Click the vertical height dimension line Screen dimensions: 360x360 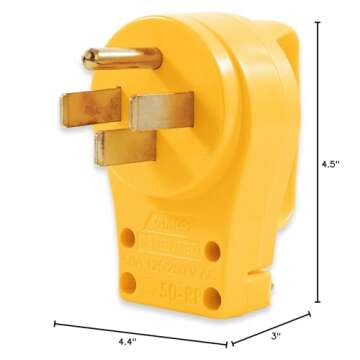[319, 160]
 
